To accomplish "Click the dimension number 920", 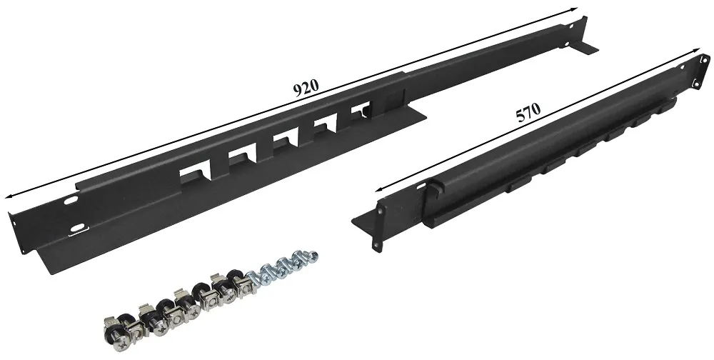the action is click(306, 87).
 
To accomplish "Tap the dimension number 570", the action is click(528, 112).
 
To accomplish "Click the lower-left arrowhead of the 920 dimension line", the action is click(9, 196).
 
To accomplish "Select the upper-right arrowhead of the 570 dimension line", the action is click(695, 50).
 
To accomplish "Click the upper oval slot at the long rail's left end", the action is click(70, 200).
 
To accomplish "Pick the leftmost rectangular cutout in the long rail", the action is click(194, 175).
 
